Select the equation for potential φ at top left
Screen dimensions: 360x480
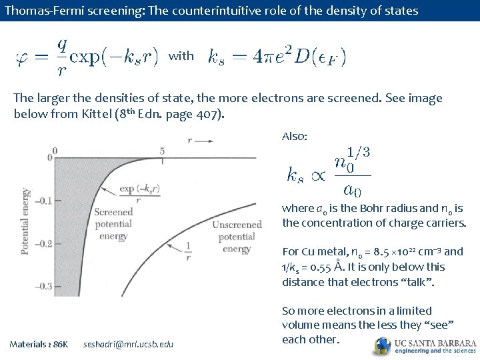pyautogui.click(x=87, y=55)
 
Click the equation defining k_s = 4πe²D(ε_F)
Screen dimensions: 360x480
pyautogui.click(x=277, y=55)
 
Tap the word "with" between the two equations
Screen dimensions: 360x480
pyautogui.click(x=181, y=56)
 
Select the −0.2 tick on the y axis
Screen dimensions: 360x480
pyautogui.click(x=43, y=244)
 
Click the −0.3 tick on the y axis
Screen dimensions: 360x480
pyautogui.click(x=43, y=287)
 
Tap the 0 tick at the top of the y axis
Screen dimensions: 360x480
pyautogui.click(x=49, y=157)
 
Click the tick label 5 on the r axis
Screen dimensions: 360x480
pyautogui.click(x=161, y=151)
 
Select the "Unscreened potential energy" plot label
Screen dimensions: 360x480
pyautogui.click(x=237, y=237)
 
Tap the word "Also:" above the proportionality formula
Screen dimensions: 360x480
pyautogui.click(x=295, y=136)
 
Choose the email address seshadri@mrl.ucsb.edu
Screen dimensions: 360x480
pyautogui.click(x=128, y=344)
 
